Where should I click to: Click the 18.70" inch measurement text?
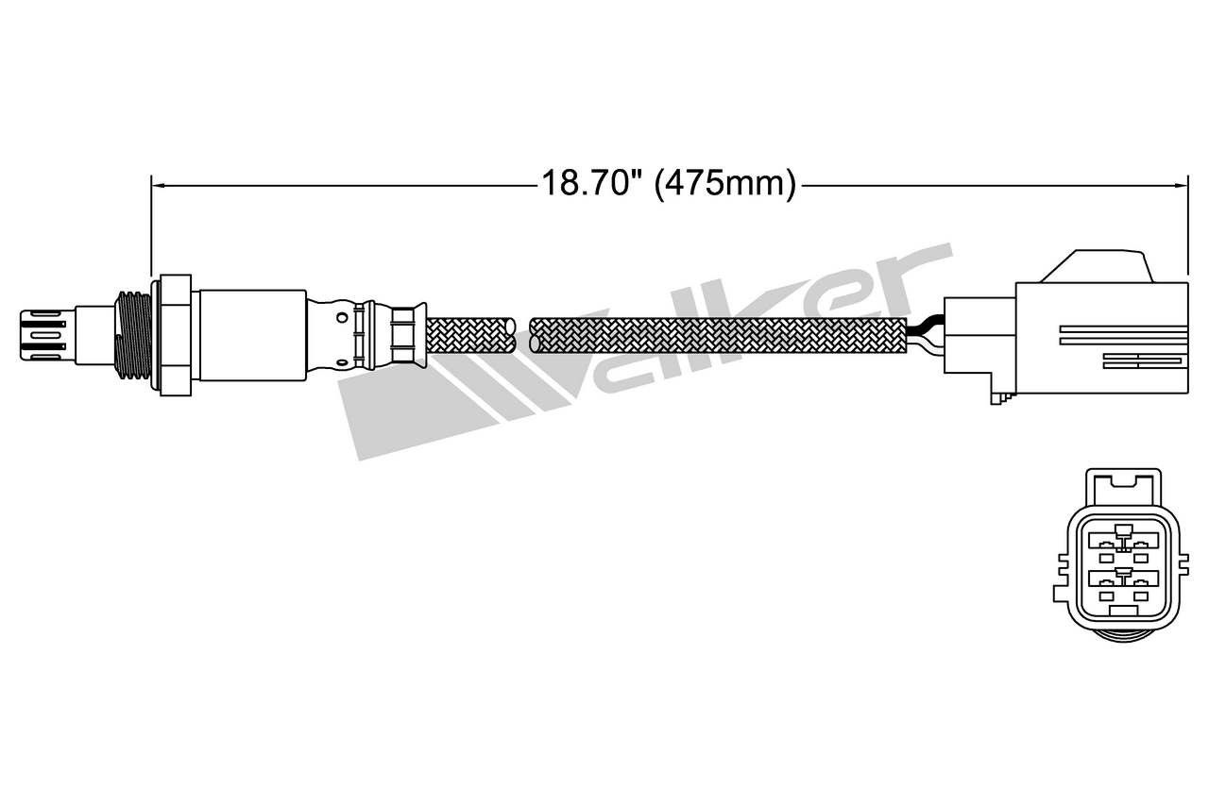592,183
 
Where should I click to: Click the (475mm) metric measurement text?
724,184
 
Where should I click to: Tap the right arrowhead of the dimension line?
1181,186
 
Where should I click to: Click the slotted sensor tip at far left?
43,335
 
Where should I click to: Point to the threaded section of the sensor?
133,335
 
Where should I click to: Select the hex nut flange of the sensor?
176,335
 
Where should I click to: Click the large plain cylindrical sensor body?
252,335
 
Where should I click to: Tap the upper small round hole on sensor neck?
342,317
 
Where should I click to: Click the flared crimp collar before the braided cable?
409,335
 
